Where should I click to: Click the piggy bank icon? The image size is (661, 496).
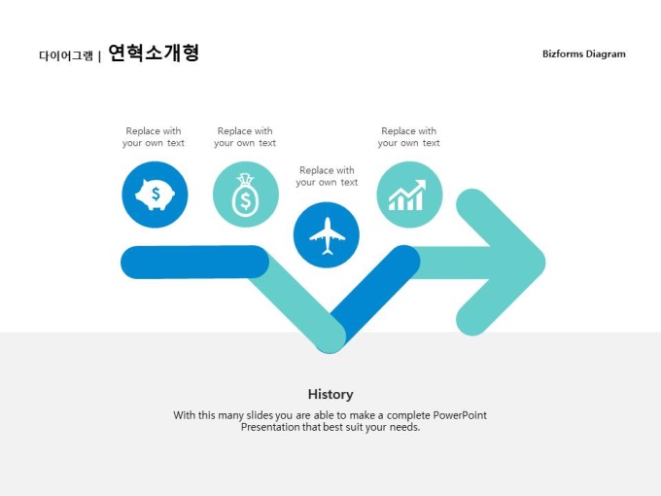[x=155, y=195]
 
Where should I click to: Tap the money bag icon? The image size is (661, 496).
[x=245, y=195]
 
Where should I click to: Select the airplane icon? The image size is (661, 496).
[x=327, y=236]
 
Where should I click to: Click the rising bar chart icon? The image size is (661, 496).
[x=407, y=195]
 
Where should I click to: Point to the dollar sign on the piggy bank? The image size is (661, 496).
[x=156, y=194]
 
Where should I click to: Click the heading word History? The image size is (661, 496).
[x=330, y=394]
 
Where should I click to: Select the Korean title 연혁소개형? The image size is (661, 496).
[x=154, y=53]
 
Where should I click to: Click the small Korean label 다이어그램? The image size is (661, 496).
[x=66, y=55]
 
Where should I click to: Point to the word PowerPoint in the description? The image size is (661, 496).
[x=460, y=415]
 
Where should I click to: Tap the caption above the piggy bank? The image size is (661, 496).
[x=154, y=137]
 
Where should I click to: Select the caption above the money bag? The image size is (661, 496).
[x=245, y=137]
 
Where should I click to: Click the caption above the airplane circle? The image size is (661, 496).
[x=327, y=176]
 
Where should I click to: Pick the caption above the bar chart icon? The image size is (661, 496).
[x=408, y=137]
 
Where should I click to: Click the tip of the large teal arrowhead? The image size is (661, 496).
[x=545, y=263]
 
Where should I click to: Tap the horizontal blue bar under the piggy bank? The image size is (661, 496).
[x=194, y=262]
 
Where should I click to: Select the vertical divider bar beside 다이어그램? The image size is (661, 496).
[x=99, y=56]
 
